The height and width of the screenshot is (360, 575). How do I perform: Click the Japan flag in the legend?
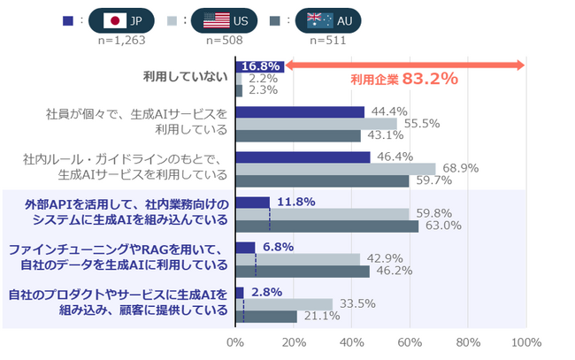(x=114, y=20)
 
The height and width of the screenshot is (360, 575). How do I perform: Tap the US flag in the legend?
(x=216, y=20)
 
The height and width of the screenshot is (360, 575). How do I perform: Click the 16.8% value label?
(x=261, y=66)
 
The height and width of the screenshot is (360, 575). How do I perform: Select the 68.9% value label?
(x=458, y=168)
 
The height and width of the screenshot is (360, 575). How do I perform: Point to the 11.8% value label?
(x=295, y=202)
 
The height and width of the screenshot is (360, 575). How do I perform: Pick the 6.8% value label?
(x=278, y=247)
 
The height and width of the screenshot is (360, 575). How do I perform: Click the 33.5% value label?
(x=356, y=304)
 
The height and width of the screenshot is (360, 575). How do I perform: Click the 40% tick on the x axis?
(x=352, y=342)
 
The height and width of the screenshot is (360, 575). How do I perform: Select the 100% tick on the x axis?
(x=525, y=342)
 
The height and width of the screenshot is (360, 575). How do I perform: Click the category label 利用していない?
(x=185, y=77)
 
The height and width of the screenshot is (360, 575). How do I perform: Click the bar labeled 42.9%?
(x=297, y=259)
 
